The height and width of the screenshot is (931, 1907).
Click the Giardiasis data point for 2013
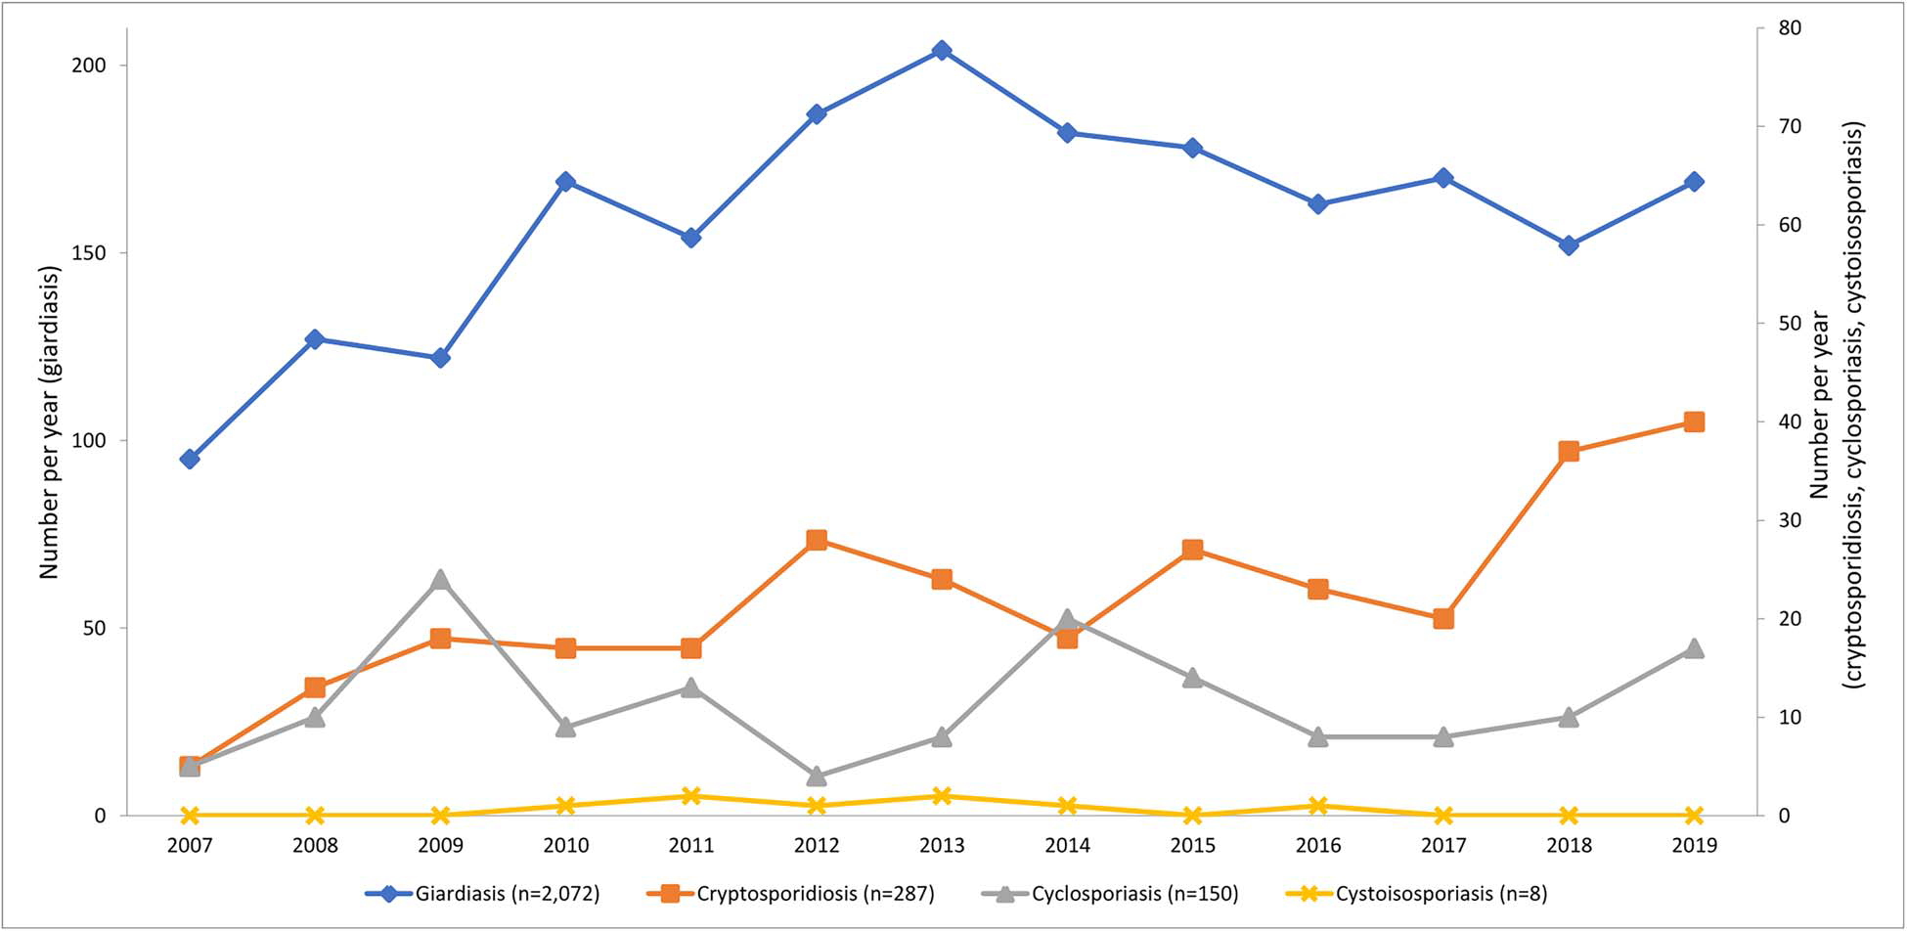point(941,51)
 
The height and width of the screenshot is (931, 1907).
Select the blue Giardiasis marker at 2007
point(190,459)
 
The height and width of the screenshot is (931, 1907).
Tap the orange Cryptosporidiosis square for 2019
point(1694,421)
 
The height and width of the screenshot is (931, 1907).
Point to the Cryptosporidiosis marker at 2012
point(817,540)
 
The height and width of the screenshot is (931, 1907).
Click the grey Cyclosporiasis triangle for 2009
point(440,580)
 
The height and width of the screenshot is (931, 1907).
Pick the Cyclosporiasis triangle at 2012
point(817,776)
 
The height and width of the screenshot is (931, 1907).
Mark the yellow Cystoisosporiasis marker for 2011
point(691,796)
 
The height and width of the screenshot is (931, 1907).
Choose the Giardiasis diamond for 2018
point(1569,245)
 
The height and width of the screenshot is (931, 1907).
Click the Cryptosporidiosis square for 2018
point(1569,451)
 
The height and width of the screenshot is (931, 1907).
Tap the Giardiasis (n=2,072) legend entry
point(483,893)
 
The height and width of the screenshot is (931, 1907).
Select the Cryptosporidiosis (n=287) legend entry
point(790,893)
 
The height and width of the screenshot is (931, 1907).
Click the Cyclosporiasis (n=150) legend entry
point(1109,893)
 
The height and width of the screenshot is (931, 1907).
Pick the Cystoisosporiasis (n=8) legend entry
point(1415,893)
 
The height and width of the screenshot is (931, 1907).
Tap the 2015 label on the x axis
point(1192,846)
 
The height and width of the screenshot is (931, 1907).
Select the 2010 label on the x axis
point(565,846)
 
